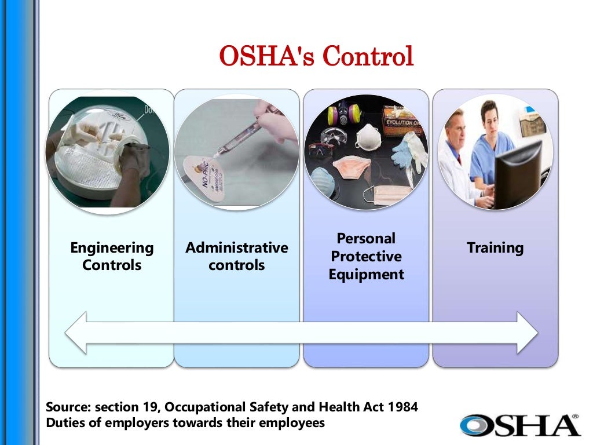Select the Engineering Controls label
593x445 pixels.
pyautogui.click(x=112, y=256)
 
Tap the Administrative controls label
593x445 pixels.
pyautogui.click(x=236, y=256)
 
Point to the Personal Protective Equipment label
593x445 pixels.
pyautogui.click(x=366, y=256)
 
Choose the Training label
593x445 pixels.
pyautogui.click(x=495, y=248)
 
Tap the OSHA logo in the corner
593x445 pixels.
pyautogui.click(x=519, y=425)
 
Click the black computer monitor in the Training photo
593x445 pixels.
pyautogui.click(x=517, y=174)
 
